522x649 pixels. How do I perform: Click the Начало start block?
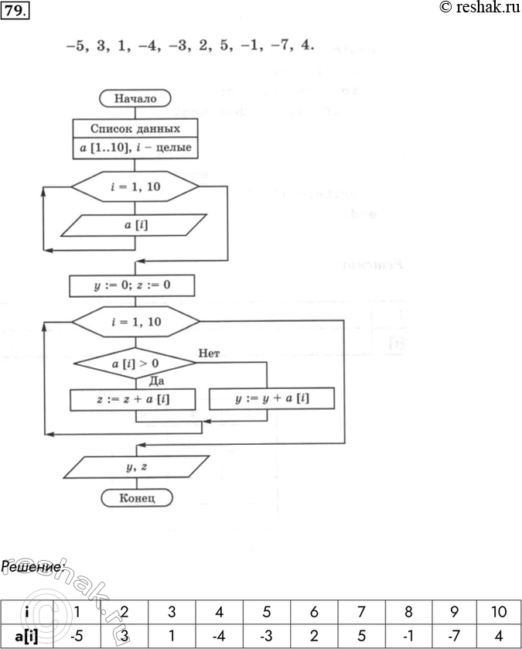[135, 98]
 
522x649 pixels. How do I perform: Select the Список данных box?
[135, 128]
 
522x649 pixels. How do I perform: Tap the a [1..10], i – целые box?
[135, 147]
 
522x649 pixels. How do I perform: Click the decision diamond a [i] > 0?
[135, 362]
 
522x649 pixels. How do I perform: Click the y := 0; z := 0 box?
[131, 286]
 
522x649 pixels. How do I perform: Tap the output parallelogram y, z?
[135, 466]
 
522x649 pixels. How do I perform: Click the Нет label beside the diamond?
[210, 353]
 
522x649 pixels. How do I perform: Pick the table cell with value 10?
[498, 612]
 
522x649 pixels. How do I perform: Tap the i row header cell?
[26, 612]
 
